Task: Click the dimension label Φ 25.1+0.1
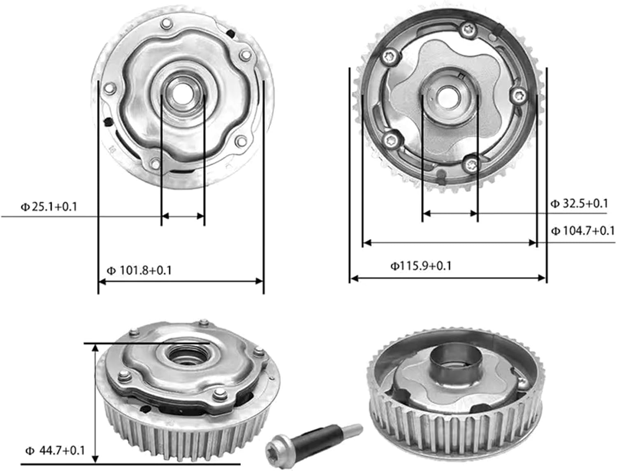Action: pos(49,206)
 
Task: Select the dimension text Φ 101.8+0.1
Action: pos(139,270)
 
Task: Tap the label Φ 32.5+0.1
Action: pos(579,203)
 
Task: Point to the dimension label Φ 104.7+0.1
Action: pos(582,231)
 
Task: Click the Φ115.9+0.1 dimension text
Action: pos(421,266)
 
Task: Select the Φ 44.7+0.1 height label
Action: pos(55,450)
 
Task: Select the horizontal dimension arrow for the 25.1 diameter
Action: pos(183,215)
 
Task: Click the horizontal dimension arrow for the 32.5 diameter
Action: pos(450,213)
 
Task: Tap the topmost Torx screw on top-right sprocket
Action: pos(468,29)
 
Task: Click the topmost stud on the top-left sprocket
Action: pos(166,23)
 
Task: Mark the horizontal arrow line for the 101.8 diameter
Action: pos(181,281)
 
